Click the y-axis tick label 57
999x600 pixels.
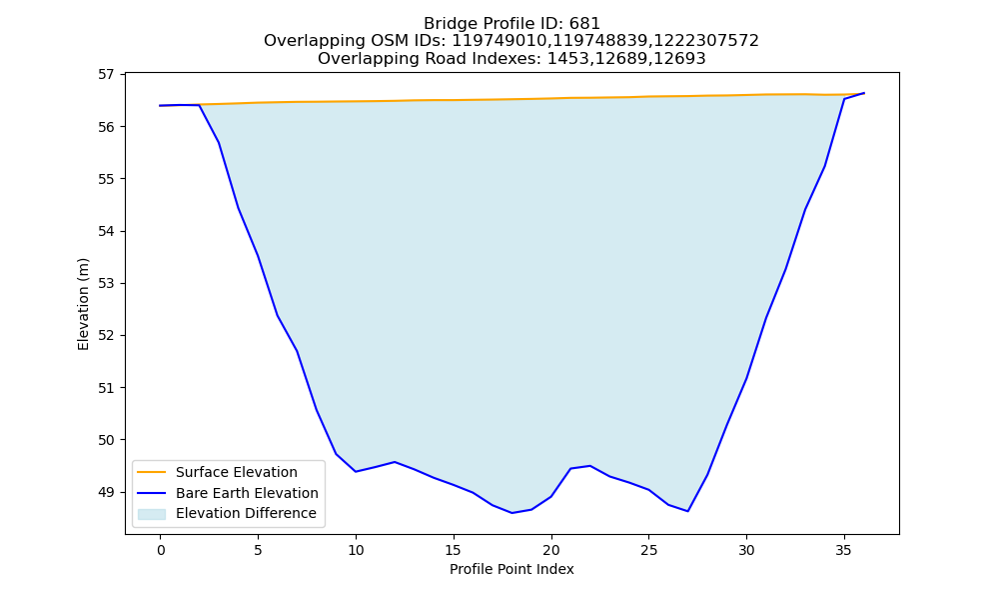[106, 75]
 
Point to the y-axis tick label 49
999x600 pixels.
[106, 492]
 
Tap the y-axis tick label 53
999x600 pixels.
[106, 283]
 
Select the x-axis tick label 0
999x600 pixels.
[161, 550]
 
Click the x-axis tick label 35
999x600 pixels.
[843, 550]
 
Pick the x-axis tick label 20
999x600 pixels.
[551, 550]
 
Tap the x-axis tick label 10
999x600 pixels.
[356, 550]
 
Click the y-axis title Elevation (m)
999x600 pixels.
[83, 304]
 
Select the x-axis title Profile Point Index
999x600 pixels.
[511, 569]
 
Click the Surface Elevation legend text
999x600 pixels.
[237, 472]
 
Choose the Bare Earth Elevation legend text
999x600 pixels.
[247, 493]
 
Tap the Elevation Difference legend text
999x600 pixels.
[246, 513]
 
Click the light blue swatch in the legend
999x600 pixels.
[152, 514]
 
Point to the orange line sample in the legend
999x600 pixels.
[152, 472]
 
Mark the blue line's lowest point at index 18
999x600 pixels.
[511, 513]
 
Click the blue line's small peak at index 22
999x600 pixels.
[590, 465]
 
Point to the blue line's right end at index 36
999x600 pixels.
[864, 93]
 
